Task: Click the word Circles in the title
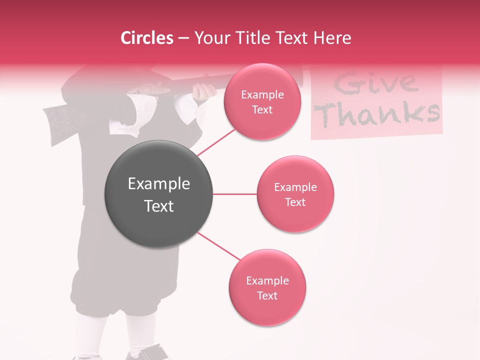pyautogui.click(x=146, y=38)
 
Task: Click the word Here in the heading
pyautogui.click(x=333, y=38)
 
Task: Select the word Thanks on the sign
pyautogui.click(x=379, y=114)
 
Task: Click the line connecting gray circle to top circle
pyautogui.click(x=216, y=142)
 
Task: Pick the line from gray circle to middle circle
pyautogui.click(x=235, y=194)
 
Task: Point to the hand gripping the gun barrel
pyautogui.click(x=204, y=91)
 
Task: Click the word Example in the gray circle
pyautogui.click(x=159, y=184)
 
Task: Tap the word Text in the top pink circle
pyautogui.click(x=262, y=109)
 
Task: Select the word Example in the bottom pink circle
pyautogui.click(x=267, y=280)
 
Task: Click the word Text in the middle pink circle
pyautogui.click(x=295, y=202)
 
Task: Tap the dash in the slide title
pyautogui.click(x=183, y=38)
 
